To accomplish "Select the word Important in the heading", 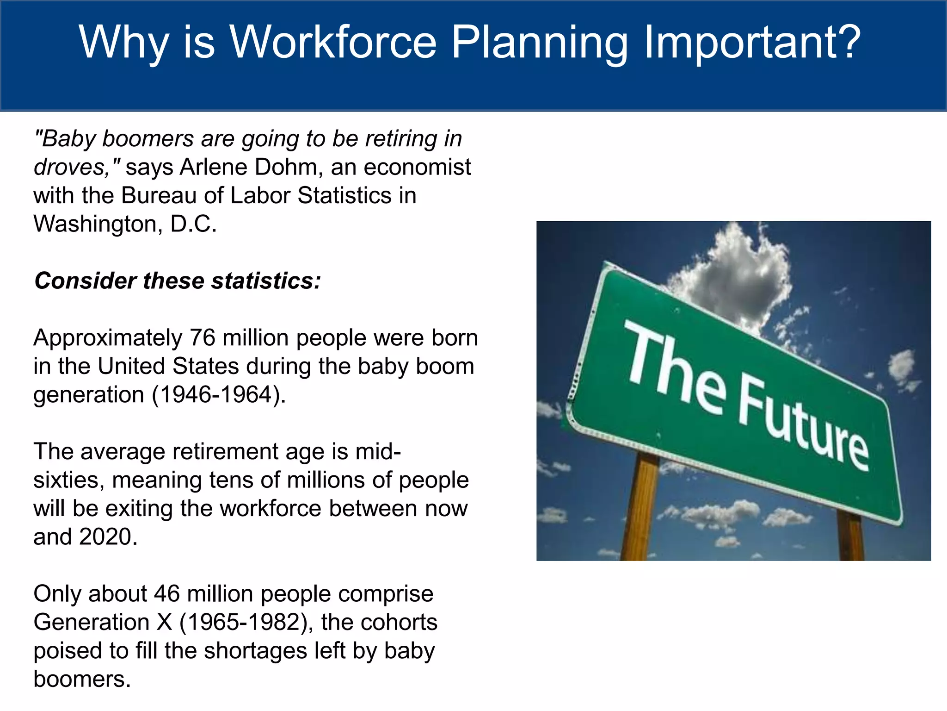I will coord(740,43).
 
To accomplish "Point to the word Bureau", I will coord(160,196).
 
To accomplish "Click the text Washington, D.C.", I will coord(125,225).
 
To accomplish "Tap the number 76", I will coord(203,338).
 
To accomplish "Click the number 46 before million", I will coord(166,594).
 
